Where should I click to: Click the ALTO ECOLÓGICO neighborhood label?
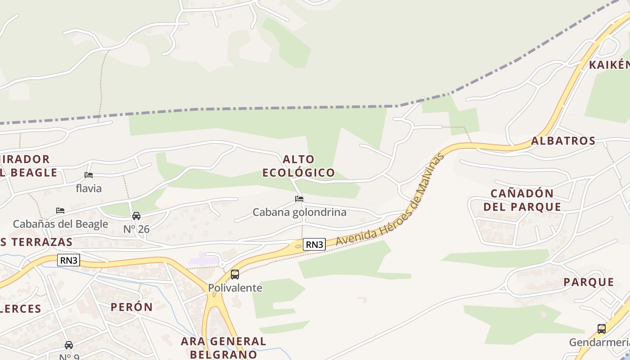[x=299, y=166]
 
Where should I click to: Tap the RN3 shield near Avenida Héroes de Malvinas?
[x=314, y=244]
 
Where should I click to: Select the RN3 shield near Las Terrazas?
[x=68, y=260]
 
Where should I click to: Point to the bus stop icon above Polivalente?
[x=235, y=274]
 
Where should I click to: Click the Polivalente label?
[x=235, y=288]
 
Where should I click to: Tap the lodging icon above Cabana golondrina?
[x=299, y=198]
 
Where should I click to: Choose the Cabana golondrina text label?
[x=299, y=212]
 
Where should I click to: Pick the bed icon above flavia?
[x=89, y=175]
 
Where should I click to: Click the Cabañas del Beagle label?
[x=60, y=224]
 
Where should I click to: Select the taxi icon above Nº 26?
[x=136, y=216]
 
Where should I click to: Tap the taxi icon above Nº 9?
[x=68, y=345]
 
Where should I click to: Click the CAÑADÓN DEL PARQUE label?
[x=526, y=200]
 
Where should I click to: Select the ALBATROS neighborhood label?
[x=563, y=141]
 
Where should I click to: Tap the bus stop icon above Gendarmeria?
[x=602, y=328]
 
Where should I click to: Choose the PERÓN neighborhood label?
[x=132, y=307]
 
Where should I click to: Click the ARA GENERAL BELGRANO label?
[x=224, y=347]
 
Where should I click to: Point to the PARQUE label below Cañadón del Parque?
[x=589, y=283]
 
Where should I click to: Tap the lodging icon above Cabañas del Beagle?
[x=60, y=210]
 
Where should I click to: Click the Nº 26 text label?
[x=136, y=229]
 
